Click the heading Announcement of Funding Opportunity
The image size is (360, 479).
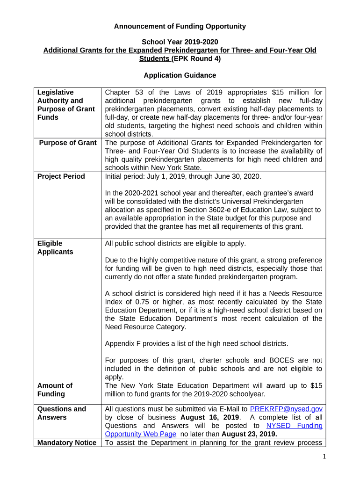click(180, 27)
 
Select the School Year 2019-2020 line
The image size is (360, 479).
click(180, 42)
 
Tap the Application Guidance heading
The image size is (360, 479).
click(180, 75)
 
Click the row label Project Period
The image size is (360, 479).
click(61, 176)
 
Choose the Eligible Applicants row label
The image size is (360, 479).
click(55, 247)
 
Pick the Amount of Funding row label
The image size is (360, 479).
click(55, 390)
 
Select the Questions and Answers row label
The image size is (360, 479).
click(61, 413)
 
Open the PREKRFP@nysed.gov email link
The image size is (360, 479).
click(286, 409)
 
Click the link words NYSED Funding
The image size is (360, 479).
click(294, 426)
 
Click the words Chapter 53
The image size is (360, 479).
click(122, 92)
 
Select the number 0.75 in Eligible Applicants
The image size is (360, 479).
click(135, 302)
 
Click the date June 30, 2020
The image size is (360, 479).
click(237, 176)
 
